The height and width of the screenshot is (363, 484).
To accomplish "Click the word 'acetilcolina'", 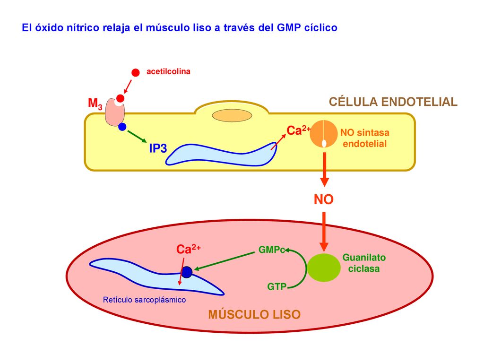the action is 168,72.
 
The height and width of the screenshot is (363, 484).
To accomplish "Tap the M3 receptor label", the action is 95,104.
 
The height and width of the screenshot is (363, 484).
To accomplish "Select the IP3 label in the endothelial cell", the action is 158,148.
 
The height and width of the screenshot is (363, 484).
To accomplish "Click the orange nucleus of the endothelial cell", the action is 232,116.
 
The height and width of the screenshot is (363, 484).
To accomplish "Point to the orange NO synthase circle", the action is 323,134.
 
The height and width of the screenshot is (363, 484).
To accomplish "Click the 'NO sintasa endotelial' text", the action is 364,138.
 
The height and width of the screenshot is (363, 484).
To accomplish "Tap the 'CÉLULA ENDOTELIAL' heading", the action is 393,102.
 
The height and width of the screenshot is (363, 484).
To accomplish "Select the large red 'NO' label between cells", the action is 323,199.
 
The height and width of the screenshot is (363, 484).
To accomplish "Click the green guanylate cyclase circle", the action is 324,268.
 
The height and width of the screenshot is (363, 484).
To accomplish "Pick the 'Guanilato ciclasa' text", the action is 364,263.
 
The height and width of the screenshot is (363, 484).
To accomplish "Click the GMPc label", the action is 272,250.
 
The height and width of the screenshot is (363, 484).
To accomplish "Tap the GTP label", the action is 277,287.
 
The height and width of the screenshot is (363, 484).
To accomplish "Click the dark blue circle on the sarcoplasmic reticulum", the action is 186,272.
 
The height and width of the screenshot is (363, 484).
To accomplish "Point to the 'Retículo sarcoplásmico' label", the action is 145,300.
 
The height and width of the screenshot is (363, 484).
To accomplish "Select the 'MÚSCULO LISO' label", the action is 254,314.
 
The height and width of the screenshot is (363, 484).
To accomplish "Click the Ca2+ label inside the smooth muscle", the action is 188,249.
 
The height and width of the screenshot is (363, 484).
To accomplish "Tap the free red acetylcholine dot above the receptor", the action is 136,72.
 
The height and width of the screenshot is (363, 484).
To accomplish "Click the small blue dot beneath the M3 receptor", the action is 122,127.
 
